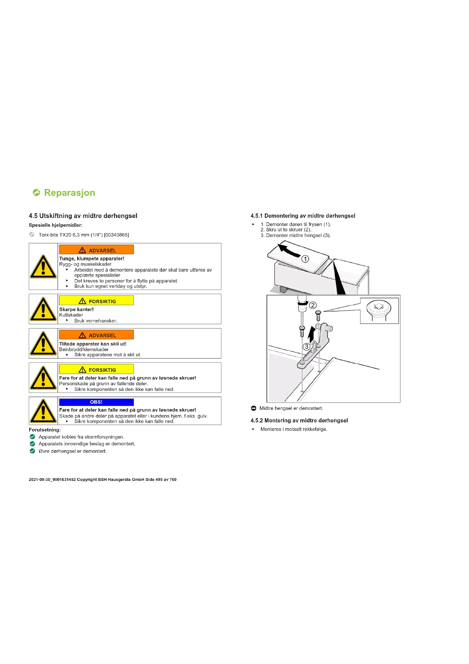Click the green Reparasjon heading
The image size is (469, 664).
pyautogui.click(x=69, y=192)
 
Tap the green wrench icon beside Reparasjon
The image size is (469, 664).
pyautogui.click(x=36, y=192)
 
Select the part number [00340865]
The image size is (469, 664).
pyautogui.click(x=116, y=235)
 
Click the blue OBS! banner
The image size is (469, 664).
pyautogui.click(x=96, y=402)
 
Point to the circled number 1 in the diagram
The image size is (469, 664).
pyautogui.click(x=305, y=259)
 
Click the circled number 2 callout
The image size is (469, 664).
pyautogui.click(x=313, y=305)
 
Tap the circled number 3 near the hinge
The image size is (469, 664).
pyautogui.click(x=307, y=346)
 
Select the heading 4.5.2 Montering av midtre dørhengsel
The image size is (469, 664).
pyautogui.click(x=299, y=420)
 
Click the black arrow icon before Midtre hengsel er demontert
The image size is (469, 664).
pyautogui.click(x=253, y=408)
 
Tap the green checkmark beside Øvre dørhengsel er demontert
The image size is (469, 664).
pyautogui.click(x=32, y=451)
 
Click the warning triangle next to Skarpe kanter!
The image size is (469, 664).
pyautogui.click(x=43, y=309)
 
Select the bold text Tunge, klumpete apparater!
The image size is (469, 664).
pyautogui.click(x=92, y=259)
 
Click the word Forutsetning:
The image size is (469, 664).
pyautogui.click(x=45, y=430)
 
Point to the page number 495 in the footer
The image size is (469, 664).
pyautogui.click(x=159, y=479)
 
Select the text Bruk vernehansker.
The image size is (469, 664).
pyautogui.click(x=96, y=321)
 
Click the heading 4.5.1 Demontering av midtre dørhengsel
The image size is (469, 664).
pyautogui.click(x=303, y=216)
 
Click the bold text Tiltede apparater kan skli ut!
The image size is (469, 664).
pyautogui.click(x=93, y=344)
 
